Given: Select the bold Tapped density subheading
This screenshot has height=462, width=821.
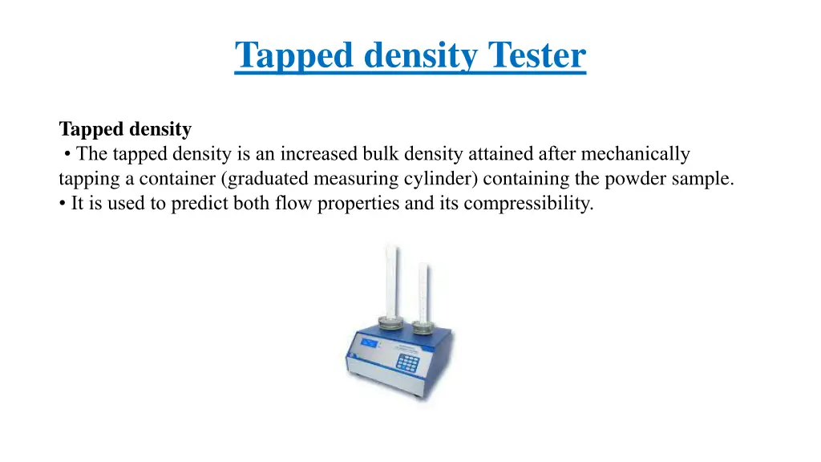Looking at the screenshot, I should coord(125,129).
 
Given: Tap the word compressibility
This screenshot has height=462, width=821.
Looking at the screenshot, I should coord(528,204).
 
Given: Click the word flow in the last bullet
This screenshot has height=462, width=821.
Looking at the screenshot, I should coord(293,204).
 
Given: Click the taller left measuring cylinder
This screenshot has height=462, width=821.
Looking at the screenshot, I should coord(391,281).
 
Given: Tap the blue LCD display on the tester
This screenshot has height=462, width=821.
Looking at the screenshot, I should coord(370,343).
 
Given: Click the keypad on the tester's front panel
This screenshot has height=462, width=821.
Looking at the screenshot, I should coord(408,362).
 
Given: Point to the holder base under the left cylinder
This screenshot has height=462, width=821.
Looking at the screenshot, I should coord(390,322).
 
